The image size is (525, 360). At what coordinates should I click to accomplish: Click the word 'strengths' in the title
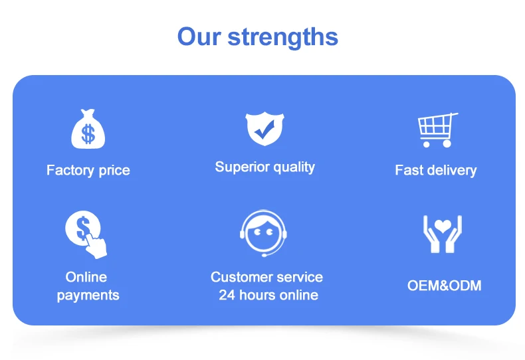pyautogui.click(x=283, y=37)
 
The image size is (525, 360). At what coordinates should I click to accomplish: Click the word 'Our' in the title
pyautogui.click(x=199, y=36)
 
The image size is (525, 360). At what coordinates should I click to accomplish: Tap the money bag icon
pyautogui.click(x=88, y=129)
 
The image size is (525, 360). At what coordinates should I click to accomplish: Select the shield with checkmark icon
pyautogui.click(x=265, y=128)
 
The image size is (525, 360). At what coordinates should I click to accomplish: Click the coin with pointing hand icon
pyautogui.click(x=86, y=234)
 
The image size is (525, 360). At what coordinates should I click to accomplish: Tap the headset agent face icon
pyautogui.click(x=264, y=233)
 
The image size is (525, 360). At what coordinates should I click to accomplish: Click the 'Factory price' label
pyautogui.click(x=88, y=171)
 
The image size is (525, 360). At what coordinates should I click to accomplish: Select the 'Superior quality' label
pyautogui.click(x=265, y=167)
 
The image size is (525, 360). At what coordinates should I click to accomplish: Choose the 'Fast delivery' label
pyautogui.click(x=435, y=170)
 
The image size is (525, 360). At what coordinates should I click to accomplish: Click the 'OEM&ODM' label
pyautogui.click(x=445, y=286)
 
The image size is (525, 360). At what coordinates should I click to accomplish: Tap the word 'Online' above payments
pyautogui.click(x=86, y=277)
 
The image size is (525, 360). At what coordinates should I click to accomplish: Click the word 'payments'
pyautogui.click(x=88, y=296)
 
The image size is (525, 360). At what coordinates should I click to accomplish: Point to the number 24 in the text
pyautogui.click(x=227, y=295)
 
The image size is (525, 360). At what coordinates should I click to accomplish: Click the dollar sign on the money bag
pyautogui.click(x=88, y=134)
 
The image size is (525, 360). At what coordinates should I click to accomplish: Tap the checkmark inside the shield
pyautogui.click(x=264, y=130)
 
